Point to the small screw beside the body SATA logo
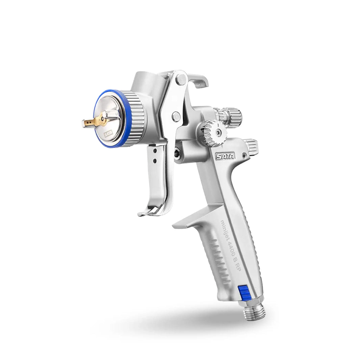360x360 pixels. click(243, 156)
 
